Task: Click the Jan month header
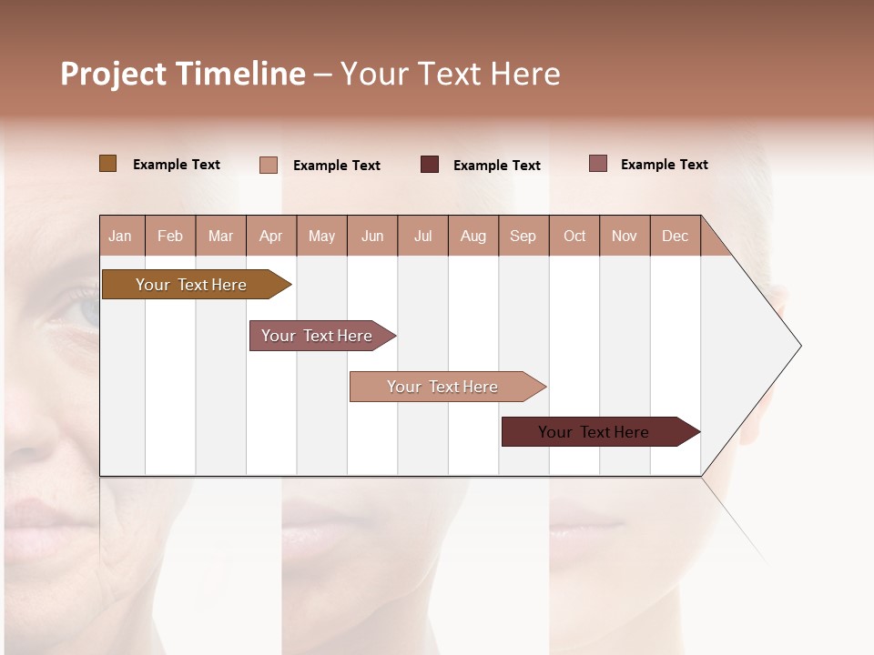point(121,236)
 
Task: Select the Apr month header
point(271,236)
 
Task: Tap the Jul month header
point(422,236)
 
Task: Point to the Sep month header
point(523,236)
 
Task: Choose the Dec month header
point(675,236)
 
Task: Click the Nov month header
point(625,236)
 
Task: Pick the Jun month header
point(372,236)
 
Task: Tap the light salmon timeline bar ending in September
point(444,387)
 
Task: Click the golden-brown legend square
point(107,164)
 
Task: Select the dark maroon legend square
point(430,165)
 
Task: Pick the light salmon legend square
point(269,165)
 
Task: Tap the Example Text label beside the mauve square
point(664,165)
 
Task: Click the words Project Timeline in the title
point(182,74)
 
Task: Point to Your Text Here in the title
point(450,74)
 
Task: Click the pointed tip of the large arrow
point(798,346)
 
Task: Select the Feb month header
point(170,236)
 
